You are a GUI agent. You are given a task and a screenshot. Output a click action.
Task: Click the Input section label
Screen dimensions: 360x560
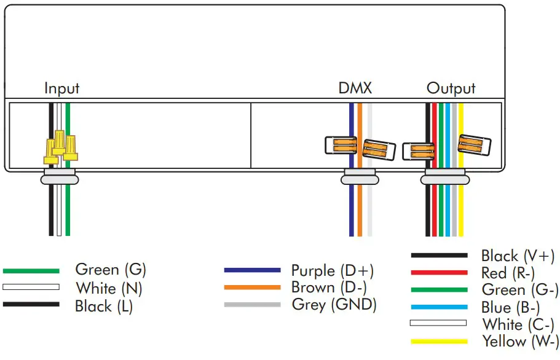click(61, 88)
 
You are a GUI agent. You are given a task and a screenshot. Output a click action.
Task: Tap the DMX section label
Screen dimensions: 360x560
click(355, 88)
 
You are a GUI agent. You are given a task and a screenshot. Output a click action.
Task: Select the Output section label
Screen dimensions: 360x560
click(451, 88)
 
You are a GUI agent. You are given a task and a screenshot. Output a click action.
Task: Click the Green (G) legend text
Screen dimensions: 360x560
click(111, 270)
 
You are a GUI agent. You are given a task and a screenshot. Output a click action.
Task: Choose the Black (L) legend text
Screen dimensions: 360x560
click(104, 305)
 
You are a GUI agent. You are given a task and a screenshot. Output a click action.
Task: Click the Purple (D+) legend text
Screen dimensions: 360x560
click(332, 271)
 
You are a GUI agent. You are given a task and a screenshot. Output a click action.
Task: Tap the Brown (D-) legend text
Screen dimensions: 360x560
click(330, 288)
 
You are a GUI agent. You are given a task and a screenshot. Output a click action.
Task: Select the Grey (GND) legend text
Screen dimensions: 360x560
click(334, 304)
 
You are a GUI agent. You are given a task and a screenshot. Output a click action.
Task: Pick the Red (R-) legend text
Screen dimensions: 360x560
click(508, 273)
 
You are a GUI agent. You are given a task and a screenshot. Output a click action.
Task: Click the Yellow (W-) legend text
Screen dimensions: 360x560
click(521, 342)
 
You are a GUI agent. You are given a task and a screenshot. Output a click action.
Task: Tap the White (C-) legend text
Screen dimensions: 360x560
click(518, 324)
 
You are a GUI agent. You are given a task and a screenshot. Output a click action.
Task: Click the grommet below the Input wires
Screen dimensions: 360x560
click(59, 179)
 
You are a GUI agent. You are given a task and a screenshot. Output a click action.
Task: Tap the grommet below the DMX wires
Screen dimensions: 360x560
click(360, 179)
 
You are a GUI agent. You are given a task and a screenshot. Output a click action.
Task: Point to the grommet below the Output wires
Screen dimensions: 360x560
click(444, 179)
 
